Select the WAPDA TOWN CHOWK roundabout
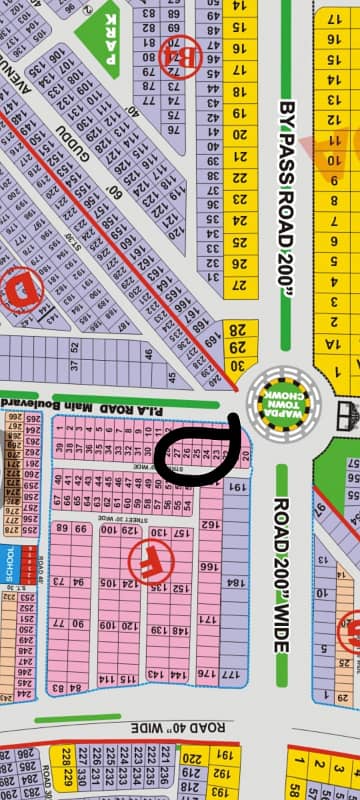tap(276, 398)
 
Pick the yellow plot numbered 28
tap(238, 331)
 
